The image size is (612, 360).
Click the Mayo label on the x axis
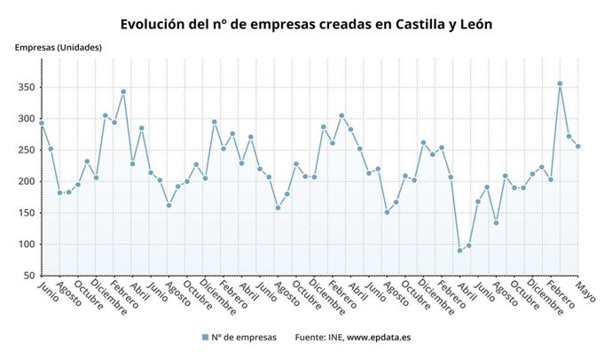[x=585, y=292]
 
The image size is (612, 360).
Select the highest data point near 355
[x=560, y=83]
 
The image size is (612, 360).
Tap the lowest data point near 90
[x=459, y=250]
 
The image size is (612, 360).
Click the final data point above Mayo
[x=578, y=146]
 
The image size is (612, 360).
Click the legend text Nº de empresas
[x=244, y=337]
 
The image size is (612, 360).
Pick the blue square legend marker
[x=205, y=337]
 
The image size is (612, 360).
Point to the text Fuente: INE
[x=318, y=337]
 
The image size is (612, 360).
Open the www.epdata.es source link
[x=379, y=337]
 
